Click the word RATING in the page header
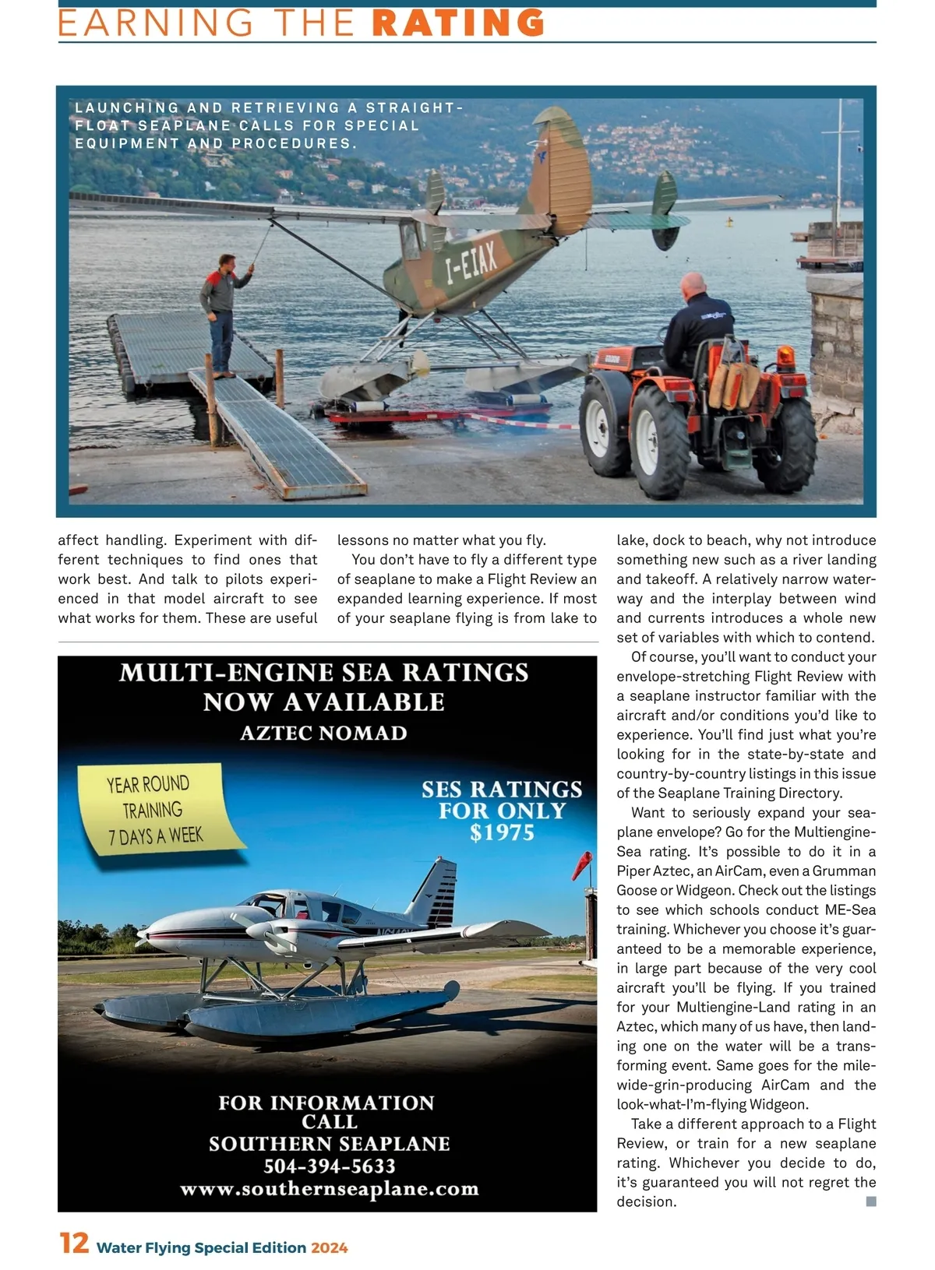point(458,23)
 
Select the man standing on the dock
point(221,311)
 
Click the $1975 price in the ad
point(502,832)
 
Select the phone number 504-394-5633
point(330,1166)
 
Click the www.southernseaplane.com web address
point(330,1188)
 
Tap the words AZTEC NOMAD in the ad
point(323,734)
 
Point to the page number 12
point(74,1244)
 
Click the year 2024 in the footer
point(329,1247)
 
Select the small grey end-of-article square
point(871,1201)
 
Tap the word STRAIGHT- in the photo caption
point(414,107)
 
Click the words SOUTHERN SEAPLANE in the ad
point(330,1144)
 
